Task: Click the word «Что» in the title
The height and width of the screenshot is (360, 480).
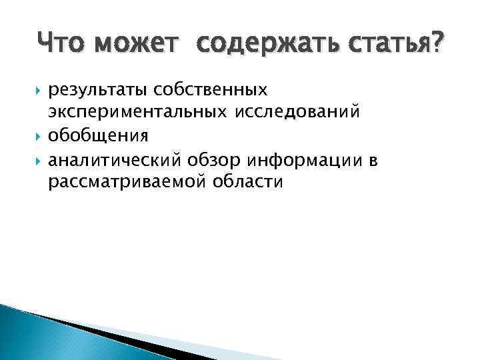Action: click(66, 45)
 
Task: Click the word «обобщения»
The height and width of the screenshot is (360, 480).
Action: click(89, 136)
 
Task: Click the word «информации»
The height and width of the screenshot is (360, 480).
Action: click(303, 159)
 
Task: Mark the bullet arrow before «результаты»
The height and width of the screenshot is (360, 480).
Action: click(39, 90)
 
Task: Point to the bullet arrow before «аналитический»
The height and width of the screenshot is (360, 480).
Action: click(39, 160)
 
